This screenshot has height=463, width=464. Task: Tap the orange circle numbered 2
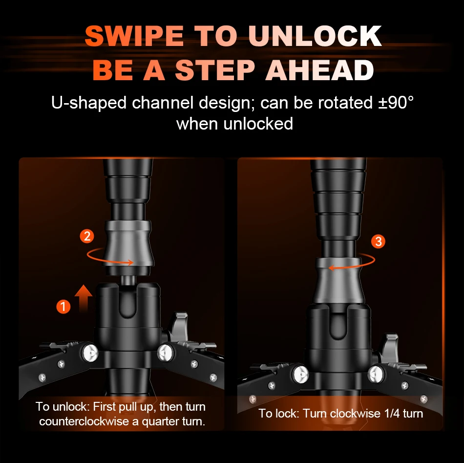[87, 236]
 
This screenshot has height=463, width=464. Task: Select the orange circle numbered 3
[378, 242]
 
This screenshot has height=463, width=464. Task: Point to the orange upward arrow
[84, 298]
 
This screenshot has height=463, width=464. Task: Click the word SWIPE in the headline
[134, 36]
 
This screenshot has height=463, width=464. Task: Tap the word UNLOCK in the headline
[315, 36]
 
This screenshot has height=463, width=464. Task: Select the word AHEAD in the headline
[320, 70]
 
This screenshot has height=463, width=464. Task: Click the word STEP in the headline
[215, 70]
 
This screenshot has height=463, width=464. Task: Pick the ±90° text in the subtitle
[396, 103]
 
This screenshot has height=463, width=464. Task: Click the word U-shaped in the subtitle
[89, 103]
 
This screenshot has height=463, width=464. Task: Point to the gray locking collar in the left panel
[128, 243]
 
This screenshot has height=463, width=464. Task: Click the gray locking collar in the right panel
[338, 282]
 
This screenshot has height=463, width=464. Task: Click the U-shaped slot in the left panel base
[127, 302]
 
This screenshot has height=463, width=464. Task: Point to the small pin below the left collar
[128, 280]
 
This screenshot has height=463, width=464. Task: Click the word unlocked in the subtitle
[258, 124]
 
